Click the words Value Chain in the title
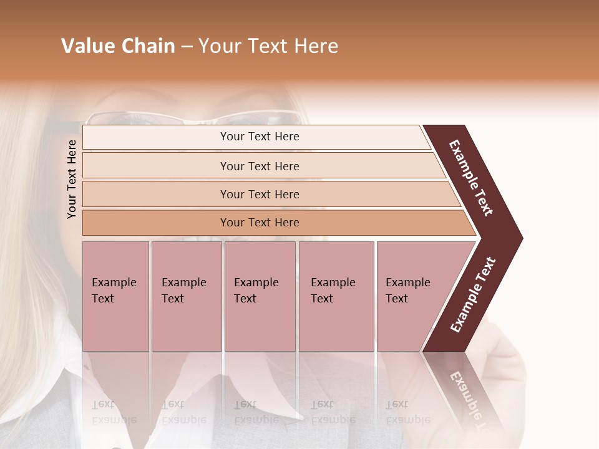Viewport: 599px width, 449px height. coord(118,46)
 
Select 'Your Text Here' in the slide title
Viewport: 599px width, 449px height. coord(268,46)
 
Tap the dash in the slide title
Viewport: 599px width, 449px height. coord(187,47)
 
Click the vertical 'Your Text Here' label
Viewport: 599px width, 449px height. coord(72,179)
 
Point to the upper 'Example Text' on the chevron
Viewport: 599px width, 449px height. coord(471,178)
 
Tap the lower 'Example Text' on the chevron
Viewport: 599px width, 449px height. coord(473,295)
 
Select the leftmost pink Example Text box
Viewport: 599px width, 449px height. coord(115,296)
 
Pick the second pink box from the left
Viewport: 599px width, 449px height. coord(186,296)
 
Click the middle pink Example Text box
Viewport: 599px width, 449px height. coord(260,296)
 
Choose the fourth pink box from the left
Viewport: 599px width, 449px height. coord(336,296)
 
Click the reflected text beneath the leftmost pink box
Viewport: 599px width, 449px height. coord(114,412)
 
